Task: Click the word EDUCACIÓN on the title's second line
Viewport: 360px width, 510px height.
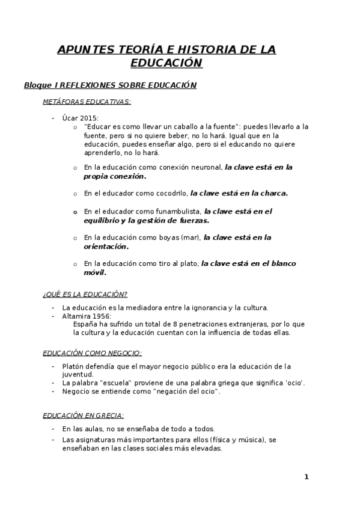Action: point(166,63)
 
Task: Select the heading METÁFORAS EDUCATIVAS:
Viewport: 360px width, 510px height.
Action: point(87,102)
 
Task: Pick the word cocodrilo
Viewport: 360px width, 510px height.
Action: point(170,194)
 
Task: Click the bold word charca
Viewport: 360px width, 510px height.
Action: point(272,194)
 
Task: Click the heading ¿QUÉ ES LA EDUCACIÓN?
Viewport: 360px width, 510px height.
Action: point(85,294)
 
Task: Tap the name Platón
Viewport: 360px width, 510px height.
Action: point(73,366)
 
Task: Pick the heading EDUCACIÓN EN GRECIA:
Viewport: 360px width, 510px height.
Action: point(84,415)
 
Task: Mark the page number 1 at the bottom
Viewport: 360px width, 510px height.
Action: point(306,478)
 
